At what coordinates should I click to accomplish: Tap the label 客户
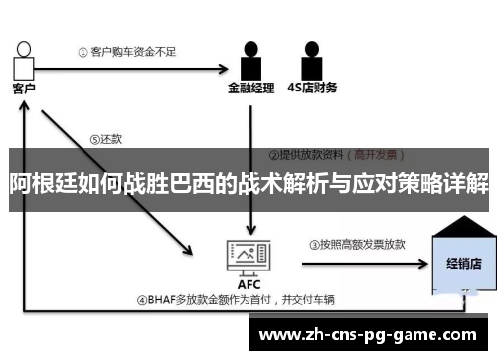pyautogui.click(x=24, y=89)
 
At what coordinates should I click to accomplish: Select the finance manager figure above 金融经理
pyautogui.click(x=250, y=62)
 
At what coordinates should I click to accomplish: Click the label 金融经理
pyautogui.click(x=250, y=88)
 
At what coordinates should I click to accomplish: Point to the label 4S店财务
pyautogui.click(x=311, y=88)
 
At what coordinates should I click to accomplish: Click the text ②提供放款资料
pyautogui.click(x=307, y=156)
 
